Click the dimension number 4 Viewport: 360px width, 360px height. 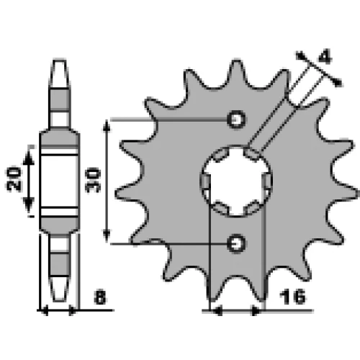tap(325, 57)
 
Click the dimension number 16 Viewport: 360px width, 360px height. tap(292, 297)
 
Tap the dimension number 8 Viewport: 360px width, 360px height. tap(100, 297)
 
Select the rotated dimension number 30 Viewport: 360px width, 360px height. tap(93, 180)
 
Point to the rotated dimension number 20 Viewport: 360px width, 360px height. tap(14, 179)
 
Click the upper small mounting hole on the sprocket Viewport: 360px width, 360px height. tap(236, 120)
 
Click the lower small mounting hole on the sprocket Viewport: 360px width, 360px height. tap(237, 243)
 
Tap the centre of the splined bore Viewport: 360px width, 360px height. tap(236, 181)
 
